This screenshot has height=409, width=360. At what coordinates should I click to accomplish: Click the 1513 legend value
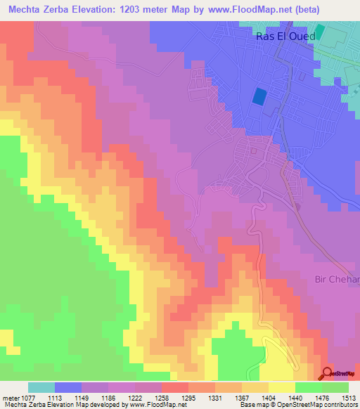click(x=349, y=397)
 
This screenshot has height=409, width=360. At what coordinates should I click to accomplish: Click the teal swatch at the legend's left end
click(x=41, y=387)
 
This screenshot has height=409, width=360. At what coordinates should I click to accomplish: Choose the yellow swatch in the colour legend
click(x=282, y=387)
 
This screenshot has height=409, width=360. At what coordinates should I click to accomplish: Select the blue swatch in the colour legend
click(x=68, y=387)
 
